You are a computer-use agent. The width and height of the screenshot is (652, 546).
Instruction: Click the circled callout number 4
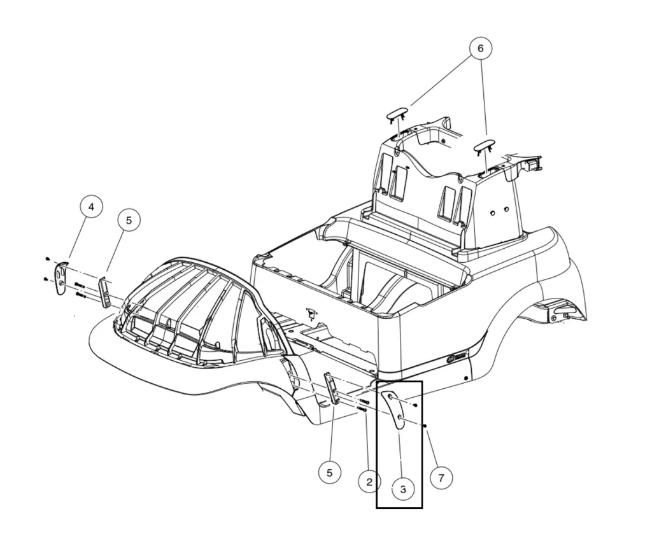click(x=91, y=207)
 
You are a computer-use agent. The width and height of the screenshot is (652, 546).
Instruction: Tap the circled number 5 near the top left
click(x=129, y=220)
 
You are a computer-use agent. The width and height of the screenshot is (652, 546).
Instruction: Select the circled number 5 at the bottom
click(x=329, y=473)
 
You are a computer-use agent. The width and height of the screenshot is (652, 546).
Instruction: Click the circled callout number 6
click(x=481, y=48)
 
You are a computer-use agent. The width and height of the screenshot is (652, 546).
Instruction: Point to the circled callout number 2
click(x=369, y=482)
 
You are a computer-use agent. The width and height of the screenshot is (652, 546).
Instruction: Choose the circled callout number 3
click(x=403, y=489)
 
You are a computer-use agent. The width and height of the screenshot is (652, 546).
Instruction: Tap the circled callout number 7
click(x=441, y=477)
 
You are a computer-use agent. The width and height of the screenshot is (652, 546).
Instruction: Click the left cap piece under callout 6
click(x=399, y=114)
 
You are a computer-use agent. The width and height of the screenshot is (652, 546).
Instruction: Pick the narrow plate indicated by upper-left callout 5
click(x=104, y=290)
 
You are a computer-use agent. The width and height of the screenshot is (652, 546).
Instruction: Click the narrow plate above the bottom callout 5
click(x=332, y=388)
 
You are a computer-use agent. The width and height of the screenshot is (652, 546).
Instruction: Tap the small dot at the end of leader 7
click(x=425, y=426)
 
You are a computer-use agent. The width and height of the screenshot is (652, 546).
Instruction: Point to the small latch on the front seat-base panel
click(x=311, y=312)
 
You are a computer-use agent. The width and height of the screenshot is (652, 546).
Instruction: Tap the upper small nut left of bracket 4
click(x=48, y=258)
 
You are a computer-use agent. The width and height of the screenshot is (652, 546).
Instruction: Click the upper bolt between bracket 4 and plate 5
click(x=80, y=284)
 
